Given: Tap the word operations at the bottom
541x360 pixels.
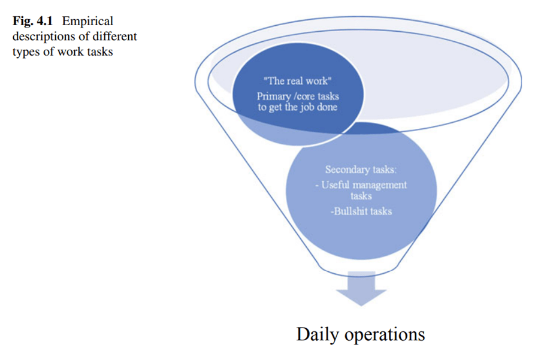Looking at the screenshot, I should [x=386, y=334].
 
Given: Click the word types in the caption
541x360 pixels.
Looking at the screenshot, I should [x=25, y=51].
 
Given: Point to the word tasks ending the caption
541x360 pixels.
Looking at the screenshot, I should [x=101, y=51].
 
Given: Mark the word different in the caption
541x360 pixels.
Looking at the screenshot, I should [x=115, y=37].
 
